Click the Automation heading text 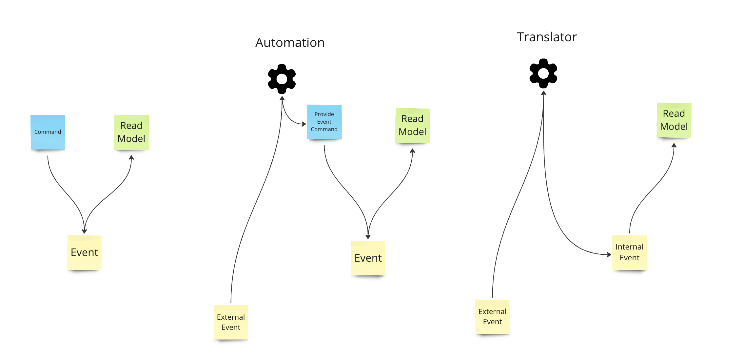pos(290,43)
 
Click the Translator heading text pos(546,37)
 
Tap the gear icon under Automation pos(282,79)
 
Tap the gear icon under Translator pos(543,73)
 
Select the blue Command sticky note pos(48,132)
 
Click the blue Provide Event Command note pos(324,122)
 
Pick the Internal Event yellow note pos(629,252)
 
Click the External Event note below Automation pos(231,322)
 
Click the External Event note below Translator pos(492,316)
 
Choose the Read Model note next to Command pos(131,132)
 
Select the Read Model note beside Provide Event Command pos(412,125)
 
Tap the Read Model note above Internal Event pos(674,120)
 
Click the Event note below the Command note pos(85,252)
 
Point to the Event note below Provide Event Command pos(368,258)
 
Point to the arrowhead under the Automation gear pos(282,98)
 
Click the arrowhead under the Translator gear pos(543,93)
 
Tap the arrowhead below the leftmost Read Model pos(131,158)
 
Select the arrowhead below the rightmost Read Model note pos(674,146)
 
